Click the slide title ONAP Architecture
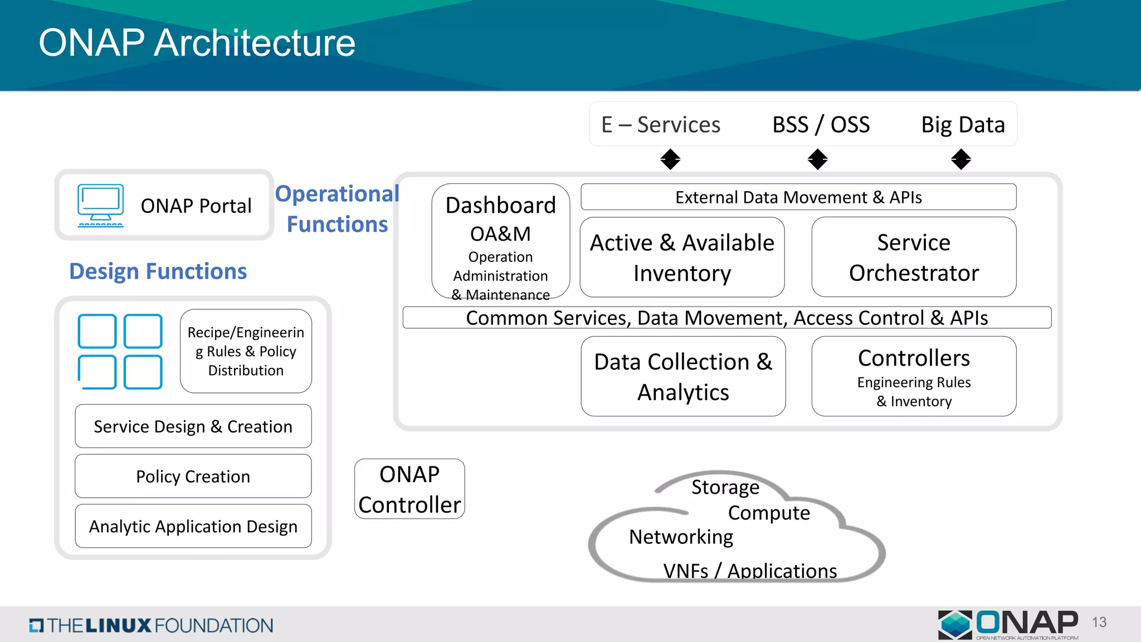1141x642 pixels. point(197,43)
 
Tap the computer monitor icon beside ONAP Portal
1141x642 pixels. point(101,205)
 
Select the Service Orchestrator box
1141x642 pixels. point(914,257)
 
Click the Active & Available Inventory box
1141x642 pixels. point(682,257)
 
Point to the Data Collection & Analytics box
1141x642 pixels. point(683,376)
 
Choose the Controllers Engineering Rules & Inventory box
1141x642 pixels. point(914,376)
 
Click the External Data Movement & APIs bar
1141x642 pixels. point(798,197)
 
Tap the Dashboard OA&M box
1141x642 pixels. point(500,241)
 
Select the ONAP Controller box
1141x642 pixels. point(409,489)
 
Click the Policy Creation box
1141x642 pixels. point(193,476)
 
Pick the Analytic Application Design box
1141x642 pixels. point(193,526)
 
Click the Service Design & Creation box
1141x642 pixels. point(193,426)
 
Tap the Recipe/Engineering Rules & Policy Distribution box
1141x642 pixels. point(246,351)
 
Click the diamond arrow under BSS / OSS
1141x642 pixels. point(817,159)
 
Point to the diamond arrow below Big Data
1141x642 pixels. point(961,159)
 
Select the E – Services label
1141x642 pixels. point(661,124)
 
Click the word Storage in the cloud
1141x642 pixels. point(725,487)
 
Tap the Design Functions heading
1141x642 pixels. point(158,271)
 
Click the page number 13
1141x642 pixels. point(1099,622)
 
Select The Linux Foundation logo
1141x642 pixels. point(151,625)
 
